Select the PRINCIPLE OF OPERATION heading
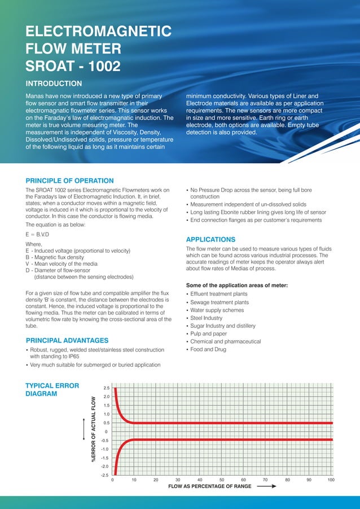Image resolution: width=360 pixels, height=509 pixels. (x=70, y=181)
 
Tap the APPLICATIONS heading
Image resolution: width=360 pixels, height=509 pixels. (x=210, y=239)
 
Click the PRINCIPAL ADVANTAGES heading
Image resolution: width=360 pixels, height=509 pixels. (x=67, y=340)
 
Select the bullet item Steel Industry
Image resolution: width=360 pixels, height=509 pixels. (x=207, y=318)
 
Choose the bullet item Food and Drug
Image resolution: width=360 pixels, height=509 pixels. (x=208, y=349)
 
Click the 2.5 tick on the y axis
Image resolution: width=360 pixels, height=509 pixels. (x=106, y=388)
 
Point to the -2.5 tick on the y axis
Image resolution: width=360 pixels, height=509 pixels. (x=105, y=475)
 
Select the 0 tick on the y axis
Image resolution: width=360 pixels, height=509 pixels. (x=107, y=432)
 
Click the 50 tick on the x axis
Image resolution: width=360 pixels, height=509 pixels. (x=222, y=480)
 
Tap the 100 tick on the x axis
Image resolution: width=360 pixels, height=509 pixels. (x=331, y=480)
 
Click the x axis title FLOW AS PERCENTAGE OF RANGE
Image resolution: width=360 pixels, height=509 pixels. (x=210, y=486)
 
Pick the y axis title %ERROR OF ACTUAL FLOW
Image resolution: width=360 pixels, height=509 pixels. (x=94, y=432)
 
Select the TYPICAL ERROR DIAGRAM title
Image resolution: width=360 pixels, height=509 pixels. (x=52, y=390)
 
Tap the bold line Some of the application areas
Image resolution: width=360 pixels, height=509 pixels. (x=237, y=285)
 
